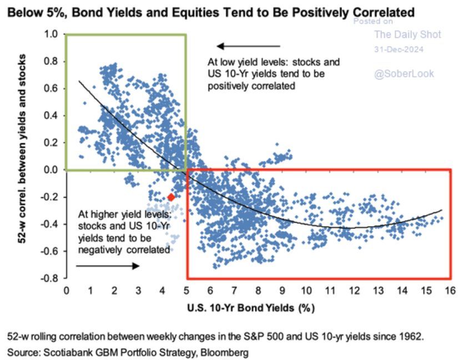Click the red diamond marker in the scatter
(x=171, y=197)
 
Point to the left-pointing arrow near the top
(x=248, y=46)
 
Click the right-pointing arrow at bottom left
(x=108, y=266)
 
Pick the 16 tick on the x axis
(x=450, y=290)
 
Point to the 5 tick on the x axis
(x=186, y=290)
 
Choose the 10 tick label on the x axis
(x=306, y=290)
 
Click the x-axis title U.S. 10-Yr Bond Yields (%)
(x=259, y=307)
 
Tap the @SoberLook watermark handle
(x=404, y=73)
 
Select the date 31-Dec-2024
(x=399, y=49)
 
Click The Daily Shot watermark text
(x=407, y=34)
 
